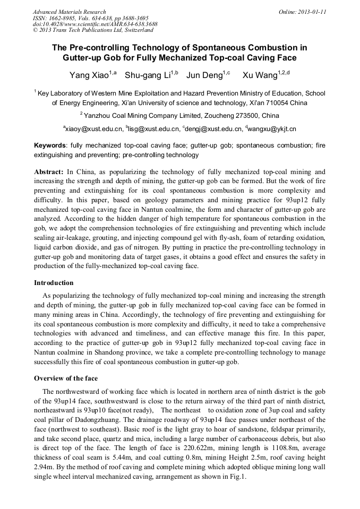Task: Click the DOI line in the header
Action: (x=95, y=24)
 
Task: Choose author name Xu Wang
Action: (x=262, y=75)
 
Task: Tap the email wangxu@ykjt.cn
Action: (x=272, y=128)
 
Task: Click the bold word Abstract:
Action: (x=49, y=172)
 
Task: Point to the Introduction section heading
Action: (x=54, y=283)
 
